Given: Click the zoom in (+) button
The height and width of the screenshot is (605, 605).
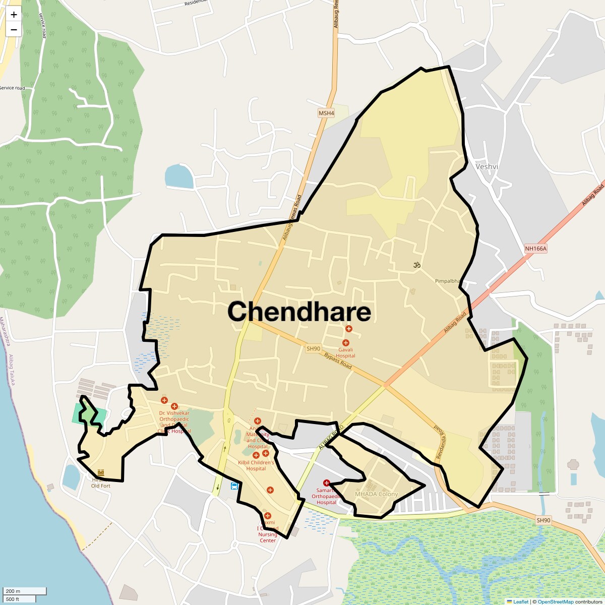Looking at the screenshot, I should [14, 15].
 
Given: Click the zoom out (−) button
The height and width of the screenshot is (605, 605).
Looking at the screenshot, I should [14, 29].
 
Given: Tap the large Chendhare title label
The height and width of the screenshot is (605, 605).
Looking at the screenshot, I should [299, 312].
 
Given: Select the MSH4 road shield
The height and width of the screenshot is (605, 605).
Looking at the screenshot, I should [326, 113].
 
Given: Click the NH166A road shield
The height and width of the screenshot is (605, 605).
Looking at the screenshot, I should [535, 248].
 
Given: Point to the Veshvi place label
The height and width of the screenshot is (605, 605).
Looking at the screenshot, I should [487, 166].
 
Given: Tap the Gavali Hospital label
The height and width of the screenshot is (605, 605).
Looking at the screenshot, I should [346, 352].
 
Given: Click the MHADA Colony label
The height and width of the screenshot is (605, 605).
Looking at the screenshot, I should [376, 494].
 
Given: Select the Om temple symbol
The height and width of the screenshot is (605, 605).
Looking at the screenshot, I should [417, 265].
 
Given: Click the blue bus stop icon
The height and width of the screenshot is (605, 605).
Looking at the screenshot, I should [234, 486].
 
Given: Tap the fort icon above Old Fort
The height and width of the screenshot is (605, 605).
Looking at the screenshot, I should [101, 472].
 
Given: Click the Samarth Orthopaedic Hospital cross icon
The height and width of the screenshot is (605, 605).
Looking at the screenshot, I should [326, 483].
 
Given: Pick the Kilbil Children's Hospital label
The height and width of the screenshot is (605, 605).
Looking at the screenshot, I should [256, 465].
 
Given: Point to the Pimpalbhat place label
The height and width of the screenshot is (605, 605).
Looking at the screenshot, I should [448, 281].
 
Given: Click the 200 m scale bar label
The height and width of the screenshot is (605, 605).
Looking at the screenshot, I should [14, 591].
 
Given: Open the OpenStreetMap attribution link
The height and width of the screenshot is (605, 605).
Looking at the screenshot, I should [556, 601].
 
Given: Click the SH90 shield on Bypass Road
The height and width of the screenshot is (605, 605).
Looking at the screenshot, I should [313, 348].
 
